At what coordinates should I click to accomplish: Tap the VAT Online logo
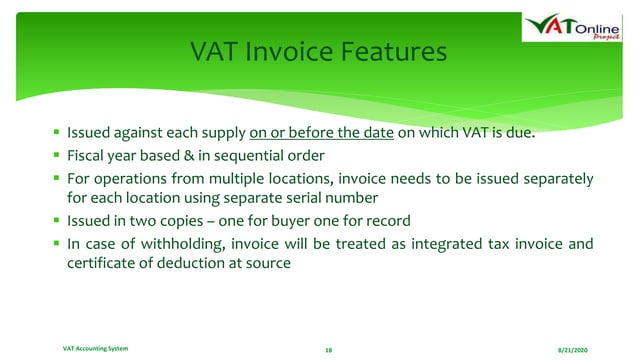pos(576,30)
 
